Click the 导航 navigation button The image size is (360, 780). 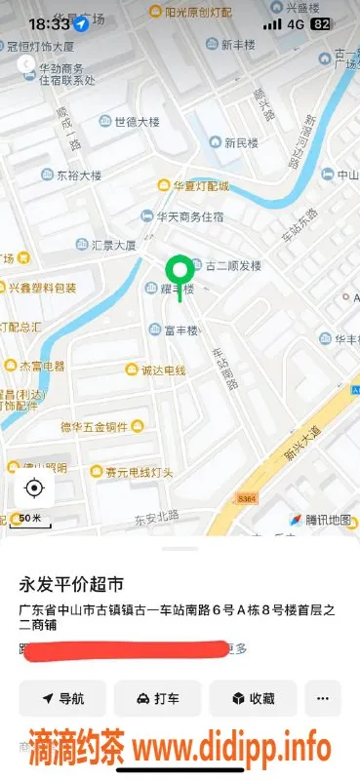coord(62,698)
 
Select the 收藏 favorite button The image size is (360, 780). coord(253,698)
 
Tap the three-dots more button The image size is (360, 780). coord(323,698)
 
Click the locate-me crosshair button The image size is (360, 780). coord(34,487)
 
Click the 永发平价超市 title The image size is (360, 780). coord(72,585)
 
